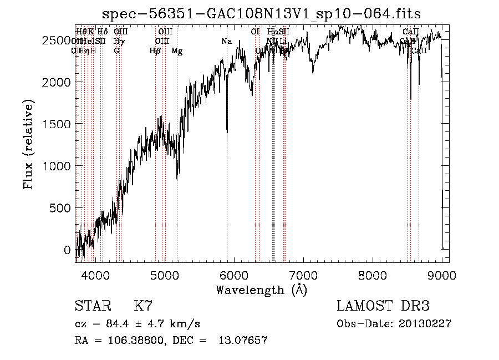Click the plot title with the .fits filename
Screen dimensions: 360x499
pos(262,13)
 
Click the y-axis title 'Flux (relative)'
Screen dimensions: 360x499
pos(28,144)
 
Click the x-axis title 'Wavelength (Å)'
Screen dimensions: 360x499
pos(261,290)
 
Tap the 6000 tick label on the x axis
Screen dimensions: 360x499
pos(234,274)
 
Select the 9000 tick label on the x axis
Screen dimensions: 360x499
pos(441,274)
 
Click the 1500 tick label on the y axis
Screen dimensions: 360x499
pos(58,124)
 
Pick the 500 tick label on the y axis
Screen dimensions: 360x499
pos(62,207)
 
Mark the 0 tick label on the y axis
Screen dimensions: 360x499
pos(68,250)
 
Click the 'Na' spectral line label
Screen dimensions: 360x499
pos(226,41)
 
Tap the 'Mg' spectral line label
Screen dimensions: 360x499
pos(177,51)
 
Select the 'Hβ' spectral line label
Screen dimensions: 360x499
pos(155,51)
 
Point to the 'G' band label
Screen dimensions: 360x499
pos(116,50)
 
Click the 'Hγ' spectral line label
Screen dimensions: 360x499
pos(118,41)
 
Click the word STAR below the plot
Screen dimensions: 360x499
pos(92,306)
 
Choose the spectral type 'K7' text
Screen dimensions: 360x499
pos(143,306)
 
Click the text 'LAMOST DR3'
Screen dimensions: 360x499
pos(383,306)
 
